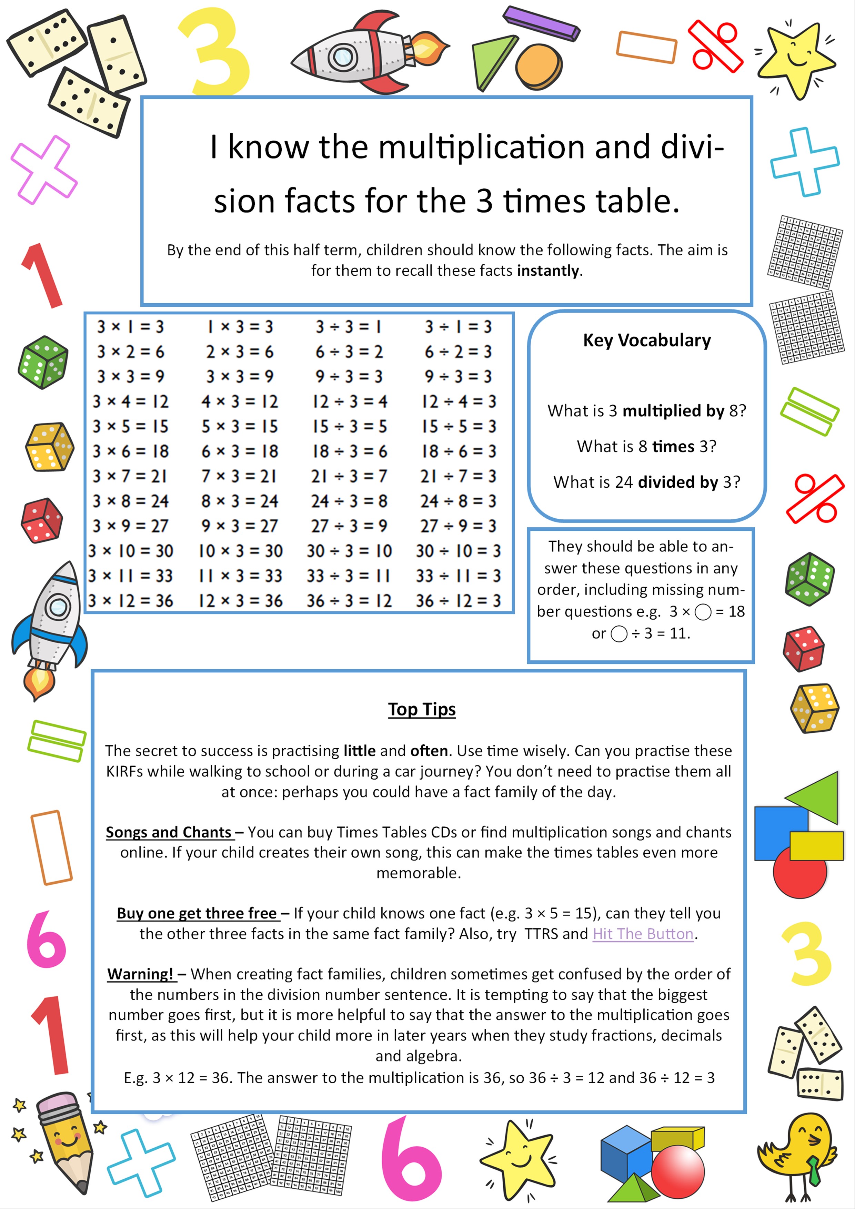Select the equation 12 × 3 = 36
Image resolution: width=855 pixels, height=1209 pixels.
240,601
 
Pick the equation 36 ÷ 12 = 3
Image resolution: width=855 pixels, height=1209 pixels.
458,601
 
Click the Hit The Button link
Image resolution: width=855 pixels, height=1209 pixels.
643,934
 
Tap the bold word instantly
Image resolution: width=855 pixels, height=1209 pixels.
548,271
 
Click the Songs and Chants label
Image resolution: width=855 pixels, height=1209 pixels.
169,833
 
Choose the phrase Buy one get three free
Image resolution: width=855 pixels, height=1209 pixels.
197,914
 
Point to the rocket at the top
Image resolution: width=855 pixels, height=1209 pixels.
363,53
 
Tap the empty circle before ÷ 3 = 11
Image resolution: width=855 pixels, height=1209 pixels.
619,633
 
